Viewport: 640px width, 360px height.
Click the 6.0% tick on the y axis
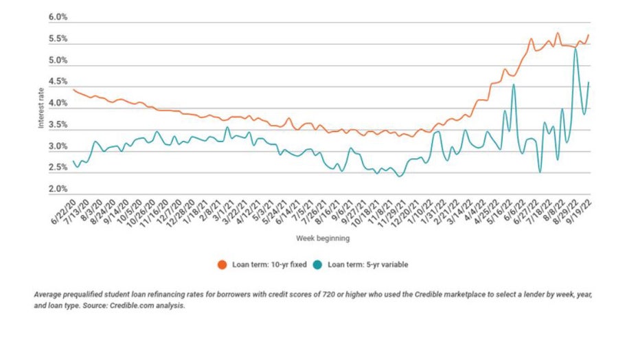(58, 17)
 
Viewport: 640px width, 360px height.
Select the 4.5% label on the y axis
(58, 82)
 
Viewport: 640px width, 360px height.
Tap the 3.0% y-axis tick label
(58, 146)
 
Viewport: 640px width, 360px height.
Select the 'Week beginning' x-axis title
(323, 238)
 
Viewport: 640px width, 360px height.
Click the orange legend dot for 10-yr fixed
(222, 264)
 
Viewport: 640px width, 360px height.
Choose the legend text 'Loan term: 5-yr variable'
(369, 264)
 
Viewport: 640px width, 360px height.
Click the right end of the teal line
(589, 82)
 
